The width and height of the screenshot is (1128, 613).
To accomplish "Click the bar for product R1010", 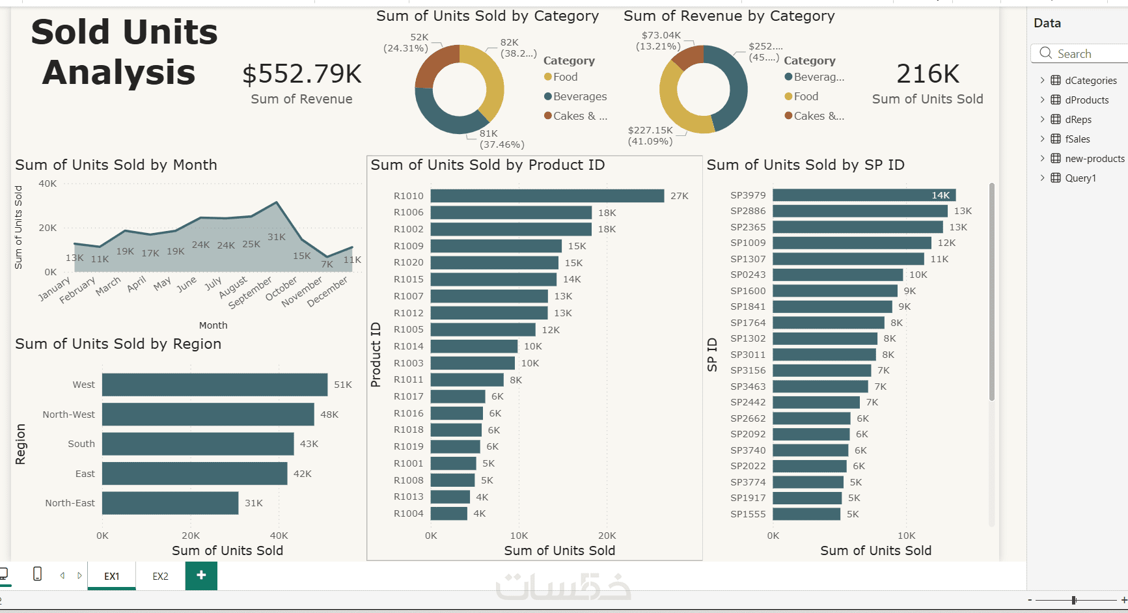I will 547,196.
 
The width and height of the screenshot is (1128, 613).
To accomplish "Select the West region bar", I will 215,385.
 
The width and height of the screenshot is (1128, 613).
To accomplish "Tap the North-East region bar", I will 170,503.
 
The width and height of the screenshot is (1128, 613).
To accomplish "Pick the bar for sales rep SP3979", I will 863,195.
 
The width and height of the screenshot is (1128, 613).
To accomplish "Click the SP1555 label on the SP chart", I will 748,514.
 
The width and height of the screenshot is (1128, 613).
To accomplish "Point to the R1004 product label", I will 408,513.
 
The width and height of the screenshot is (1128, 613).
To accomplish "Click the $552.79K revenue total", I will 302,74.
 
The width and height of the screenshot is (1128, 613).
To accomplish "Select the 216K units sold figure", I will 928,74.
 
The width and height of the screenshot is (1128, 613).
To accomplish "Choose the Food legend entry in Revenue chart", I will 805,96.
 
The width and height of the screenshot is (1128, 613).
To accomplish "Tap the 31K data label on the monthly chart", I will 277,237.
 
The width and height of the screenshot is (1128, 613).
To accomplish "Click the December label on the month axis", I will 327,292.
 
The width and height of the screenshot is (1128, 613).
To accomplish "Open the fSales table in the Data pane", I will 1077,139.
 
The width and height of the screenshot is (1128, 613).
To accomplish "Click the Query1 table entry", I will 1080,178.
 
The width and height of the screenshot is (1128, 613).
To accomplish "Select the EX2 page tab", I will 160,576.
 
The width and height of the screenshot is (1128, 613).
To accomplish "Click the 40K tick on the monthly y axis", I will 48,184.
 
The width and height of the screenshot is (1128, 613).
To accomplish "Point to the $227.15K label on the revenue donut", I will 650,130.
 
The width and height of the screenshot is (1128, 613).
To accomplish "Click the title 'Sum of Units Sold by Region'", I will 118,344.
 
